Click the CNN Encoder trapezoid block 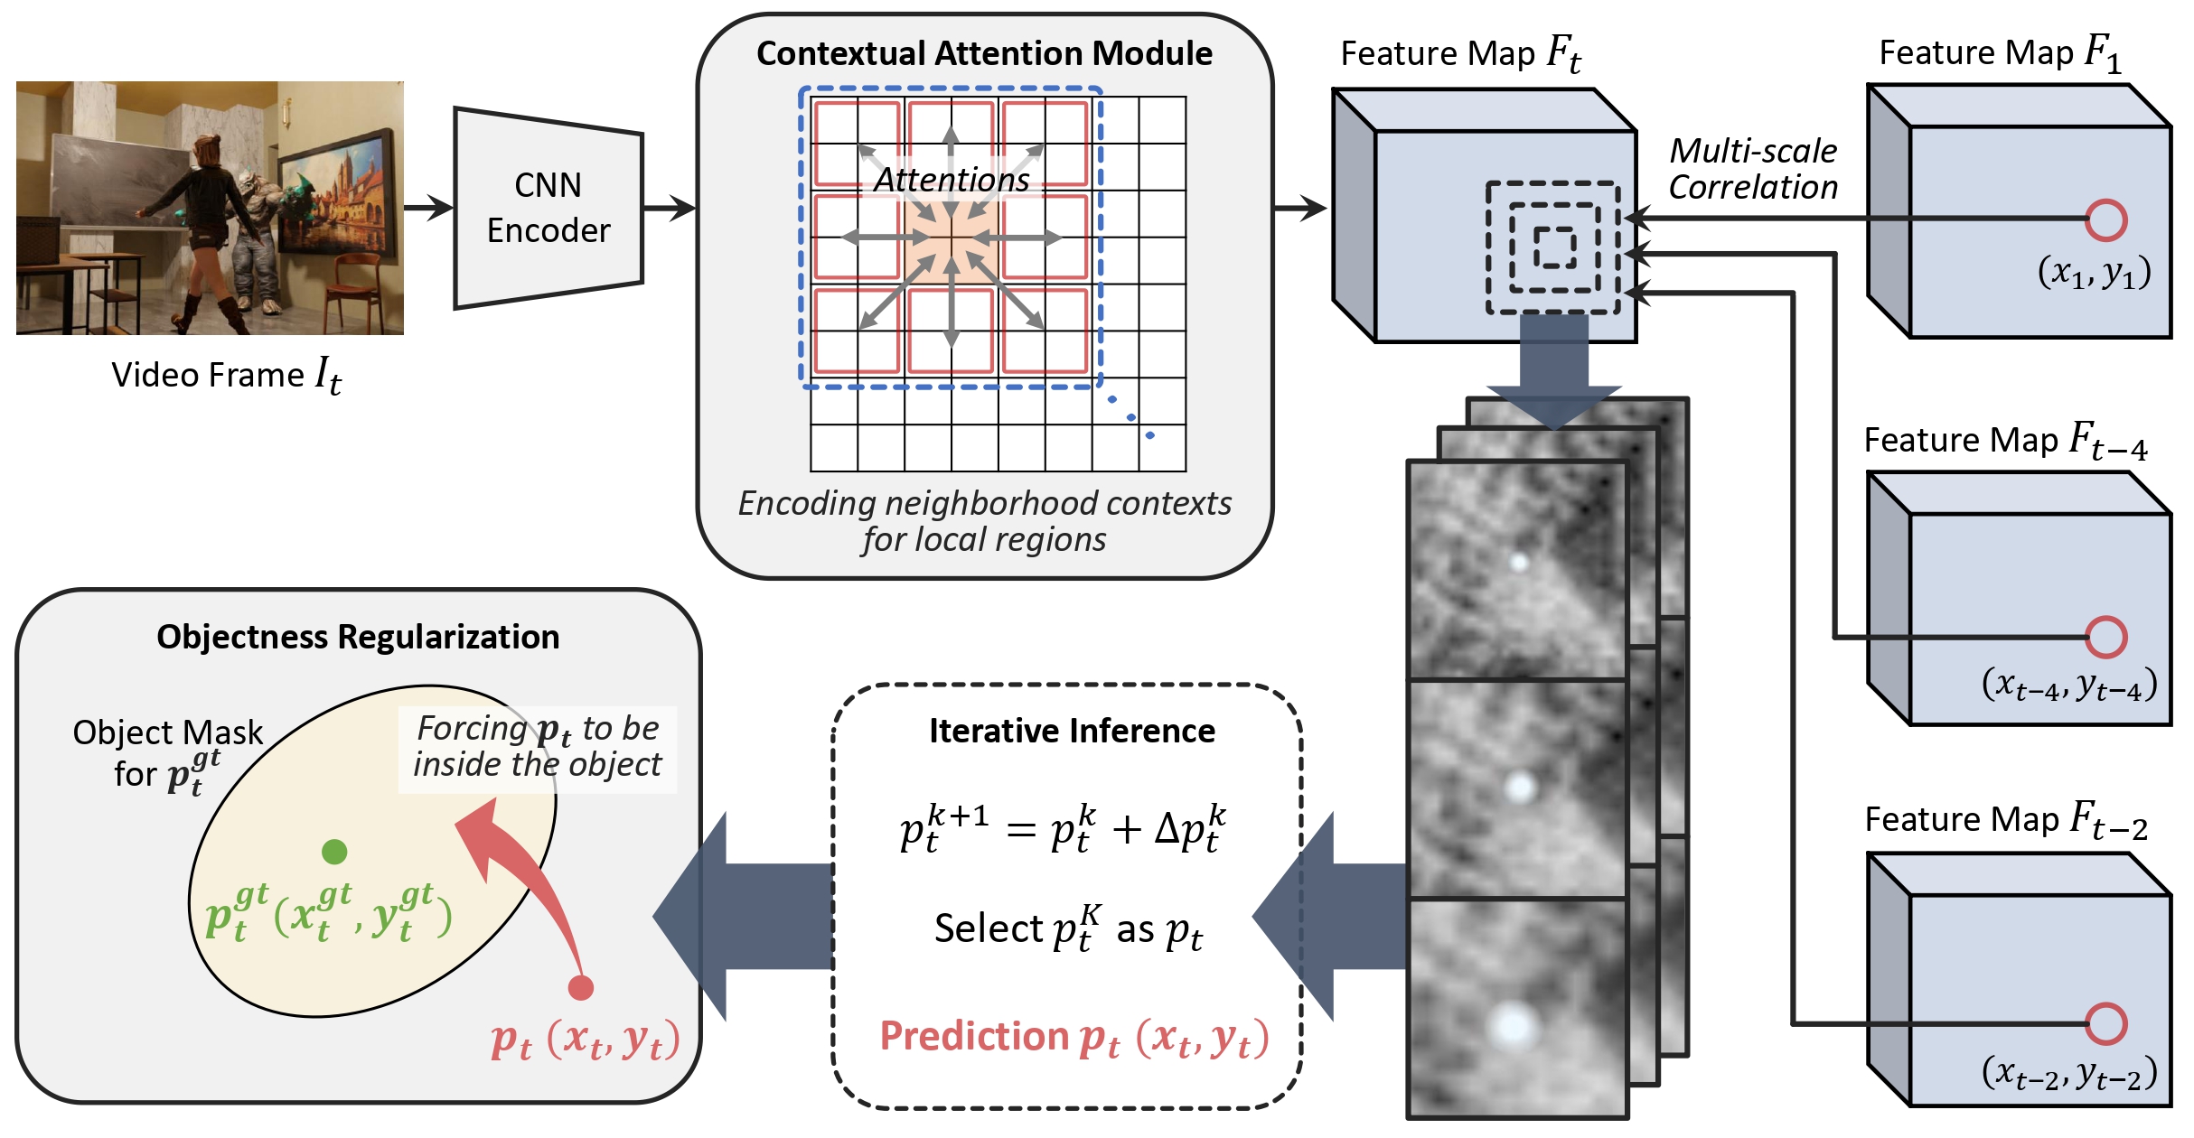(x=548, y=209)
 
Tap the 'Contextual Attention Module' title (x=984, y=53)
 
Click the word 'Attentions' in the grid (x=952, y=179)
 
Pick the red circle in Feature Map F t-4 (x=2106, y=637)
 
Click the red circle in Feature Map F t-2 (x=2106, y=1023)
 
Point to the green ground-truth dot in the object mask (x=334, y=851)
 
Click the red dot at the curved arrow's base (x=580, y=987)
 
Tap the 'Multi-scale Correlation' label (x=1753, y=169)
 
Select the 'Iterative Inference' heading (x=1072, y=731)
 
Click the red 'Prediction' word (x=974, y=1036)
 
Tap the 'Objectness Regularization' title (x=358, y=637)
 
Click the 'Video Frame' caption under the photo (x=208, y=375)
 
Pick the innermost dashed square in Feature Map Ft (x=1554, y=247)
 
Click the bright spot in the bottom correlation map (x=1513, y=1026)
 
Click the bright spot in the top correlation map (x=1519, y=563)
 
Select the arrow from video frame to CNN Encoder (x=428, y=208)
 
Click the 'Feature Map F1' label (x=2000, y=52)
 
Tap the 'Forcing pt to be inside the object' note (x=538, y=747)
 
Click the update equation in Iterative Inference (x=1063, y=829)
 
